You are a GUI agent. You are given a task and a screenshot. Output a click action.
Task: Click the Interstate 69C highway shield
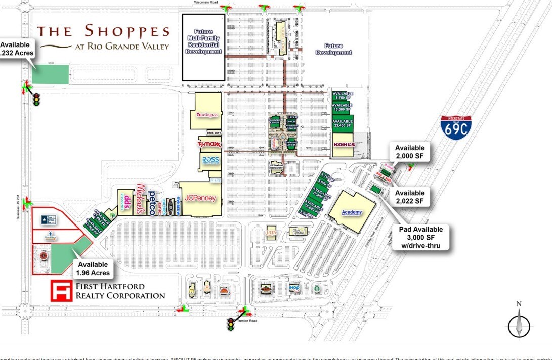455,127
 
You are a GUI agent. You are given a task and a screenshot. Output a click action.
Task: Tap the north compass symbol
519,322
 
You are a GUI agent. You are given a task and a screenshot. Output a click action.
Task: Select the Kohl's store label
342,145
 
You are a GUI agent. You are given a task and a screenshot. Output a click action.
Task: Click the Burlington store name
207,115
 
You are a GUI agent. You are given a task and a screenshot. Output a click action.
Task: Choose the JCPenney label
200,198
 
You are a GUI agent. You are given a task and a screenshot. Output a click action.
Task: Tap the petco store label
151,203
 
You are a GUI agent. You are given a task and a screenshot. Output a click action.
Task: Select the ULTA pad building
270,232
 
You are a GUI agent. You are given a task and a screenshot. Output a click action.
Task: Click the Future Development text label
333,49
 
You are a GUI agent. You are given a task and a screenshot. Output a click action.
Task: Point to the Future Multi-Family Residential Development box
203,47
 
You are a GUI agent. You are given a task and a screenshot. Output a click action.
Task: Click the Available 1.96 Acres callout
93,268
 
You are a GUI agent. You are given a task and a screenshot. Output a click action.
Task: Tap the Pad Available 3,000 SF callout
420,238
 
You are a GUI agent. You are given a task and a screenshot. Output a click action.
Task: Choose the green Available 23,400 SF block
342,124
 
